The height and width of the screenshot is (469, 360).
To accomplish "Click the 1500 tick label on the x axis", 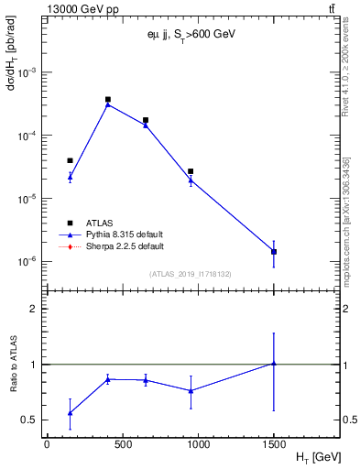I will point(274,442).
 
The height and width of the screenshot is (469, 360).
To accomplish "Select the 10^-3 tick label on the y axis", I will point(29,71).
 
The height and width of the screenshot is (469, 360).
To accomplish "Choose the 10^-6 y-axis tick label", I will point(29,262).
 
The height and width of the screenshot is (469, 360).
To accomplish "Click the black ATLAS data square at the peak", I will point(108,100).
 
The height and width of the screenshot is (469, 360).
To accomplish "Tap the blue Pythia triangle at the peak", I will point(108,104).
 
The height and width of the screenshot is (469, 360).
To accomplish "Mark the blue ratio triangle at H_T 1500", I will point(274,364).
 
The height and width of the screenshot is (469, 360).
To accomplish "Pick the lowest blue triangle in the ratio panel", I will point(70,413).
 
